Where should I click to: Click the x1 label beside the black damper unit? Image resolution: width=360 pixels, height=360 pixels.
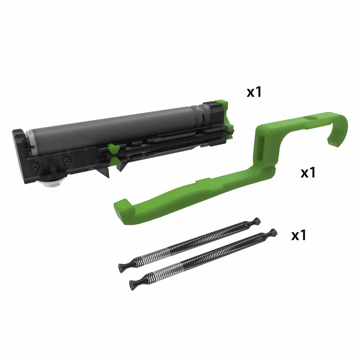(x=254, y=92)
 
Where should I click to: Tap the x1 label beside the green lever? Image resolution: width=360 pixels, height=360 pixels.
(x=308, y=173)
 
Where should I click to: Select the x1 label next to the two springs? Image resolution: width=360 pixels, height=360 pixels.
(x=299, y=235)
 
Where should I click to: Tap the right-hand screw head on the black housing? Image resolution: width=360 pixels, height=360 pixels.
(x=67, y=159)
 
